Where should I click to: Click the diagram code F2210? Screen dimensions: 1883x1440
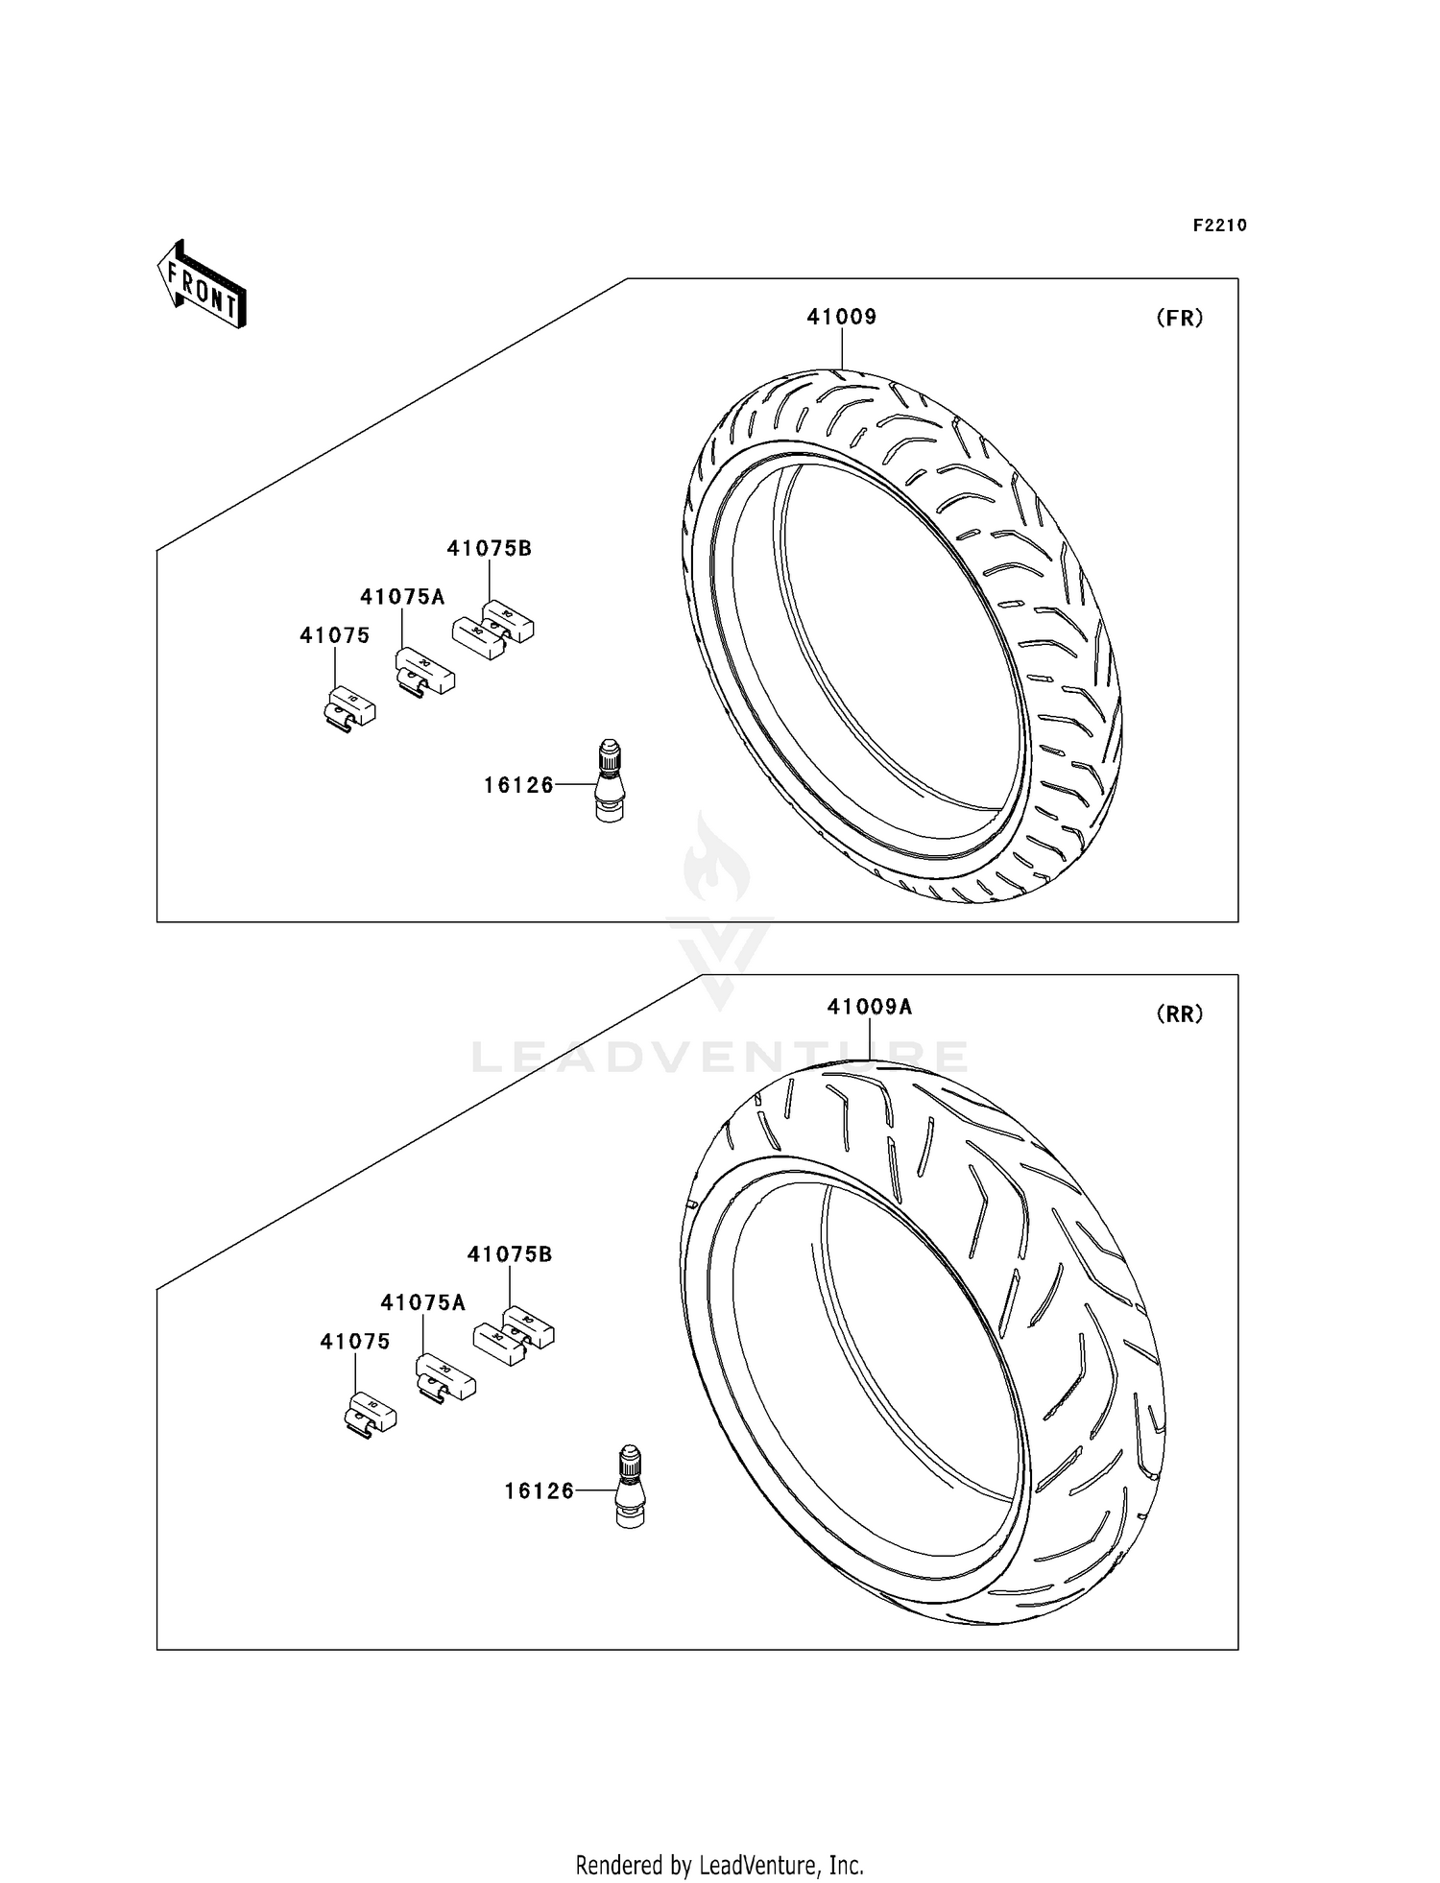[x=1219, y=226]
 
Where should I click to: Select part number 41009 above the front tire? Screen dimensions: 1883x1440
[x=841, y=317]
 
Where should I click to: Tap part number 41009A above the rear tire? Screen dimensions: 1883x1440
[x=870, y=1007]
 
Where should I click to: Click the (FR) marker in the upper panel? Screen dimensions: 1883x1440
[x=1179, y=319]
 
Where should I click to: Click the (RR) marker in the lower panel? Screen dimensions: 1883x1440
[x=1179, y=1014]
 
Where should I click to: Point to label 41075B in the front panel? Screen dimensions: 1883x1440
[x=489, y=549]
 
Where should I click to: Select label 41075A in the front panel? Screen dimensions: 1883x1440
[x=402, y=597]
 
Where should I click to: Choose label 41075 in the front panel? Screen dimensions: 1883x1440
[x=334, y=635]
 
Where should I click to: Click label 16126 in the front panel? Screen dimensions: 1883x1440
[x=518, y=785]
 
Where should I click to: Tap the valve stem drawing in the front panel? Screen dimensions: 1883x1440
[x=609, y=779]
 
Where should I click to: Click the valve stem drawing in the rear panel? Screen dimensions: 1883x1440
[x=630, y=1486]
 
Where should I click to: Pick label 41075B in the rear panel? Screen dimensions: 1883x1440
[x=510, y=1254]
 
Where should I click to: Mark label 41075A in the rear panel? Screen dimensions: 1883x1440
[x=422, y=1302]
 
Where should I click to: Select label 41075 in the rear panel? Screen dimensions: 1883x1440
[x=355, y=1342]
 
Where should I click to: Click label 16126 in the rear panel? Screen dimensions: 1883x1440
[x=540, y=1490]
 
